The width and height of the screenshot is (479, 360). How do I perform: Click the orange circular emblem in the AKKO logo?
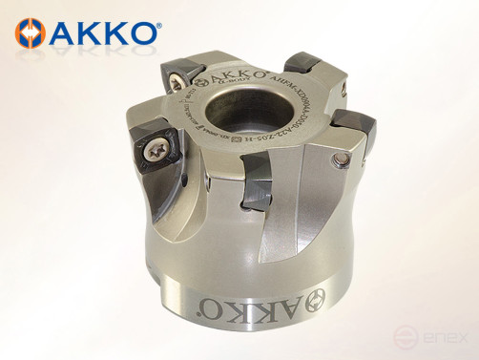pyautogui.click(x=31, y=32)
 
